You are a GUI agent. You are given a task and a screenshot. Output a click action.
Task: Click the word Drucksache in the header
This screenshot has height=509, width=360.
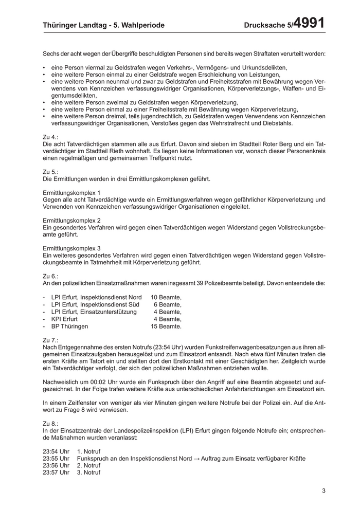pyautogui.click(x=265, y=25)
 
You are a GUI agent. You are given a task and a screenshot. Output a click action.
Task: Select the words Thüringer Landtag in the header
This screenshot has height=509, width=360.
pyautogui.click(x=75, y=25)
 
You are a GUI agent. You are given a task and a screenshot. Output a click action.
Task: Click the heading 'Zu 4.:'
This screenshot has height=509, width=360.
pyautogui.click(x=51, y=137)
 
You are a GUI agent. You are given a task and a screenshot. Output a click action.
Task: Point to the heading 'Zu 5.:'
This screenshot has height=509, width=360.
pyautogui.click(x=51, y=172)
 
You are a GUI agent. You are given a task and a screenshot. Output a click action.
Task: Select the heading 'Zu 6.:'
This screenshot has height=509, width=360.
pyautogui.click(x=51, y=276)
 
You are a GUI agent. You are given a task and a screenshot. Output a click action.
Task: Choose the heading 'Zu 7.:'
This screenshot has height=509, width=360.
pyautogui.click(x=51, y=340)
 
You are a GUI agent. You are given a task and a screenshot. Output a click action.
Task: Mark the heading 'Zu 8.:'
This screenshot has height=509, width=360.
pyautogui.click(x=51, y=423)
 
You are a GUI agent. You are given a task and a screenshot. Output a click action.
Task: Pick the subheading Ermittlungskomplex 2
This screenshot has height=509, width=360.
pyautogui.click(x=71, y=220)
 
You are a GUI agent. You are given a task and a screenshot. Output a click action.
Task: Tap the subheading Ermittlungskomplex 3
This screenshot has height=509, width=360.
pyautogui.click(x=71, y=248)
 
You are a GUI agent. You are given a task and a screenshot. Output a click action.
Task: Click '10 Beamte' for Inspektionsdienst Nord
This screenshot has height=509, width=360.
pyautogui.click(x=166, y=297)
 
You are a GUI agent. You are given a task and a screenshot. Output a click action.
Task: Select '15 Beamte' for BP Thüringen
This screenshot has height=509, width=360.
pyautogui.click(x=166, y=326)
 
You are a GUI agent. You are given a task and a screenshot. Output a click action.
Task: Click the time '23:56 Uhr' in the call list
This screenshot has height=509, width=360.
pyautogui.click(x=56, y=465)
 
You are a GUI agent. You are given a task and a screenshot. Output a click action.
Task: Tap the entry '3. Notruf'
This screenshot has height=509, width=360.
pyautogui.click(x=88, y=472)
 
